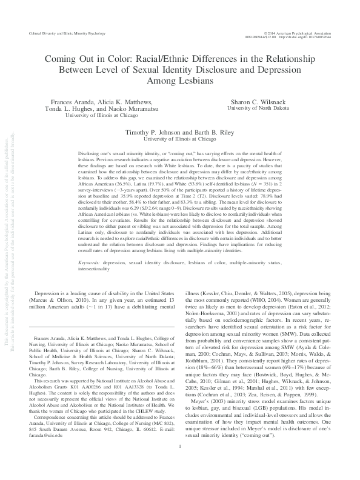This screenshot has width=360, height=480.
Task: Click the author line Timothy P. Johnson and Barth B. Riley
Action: pyautogui.click(x=180, y=130)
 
